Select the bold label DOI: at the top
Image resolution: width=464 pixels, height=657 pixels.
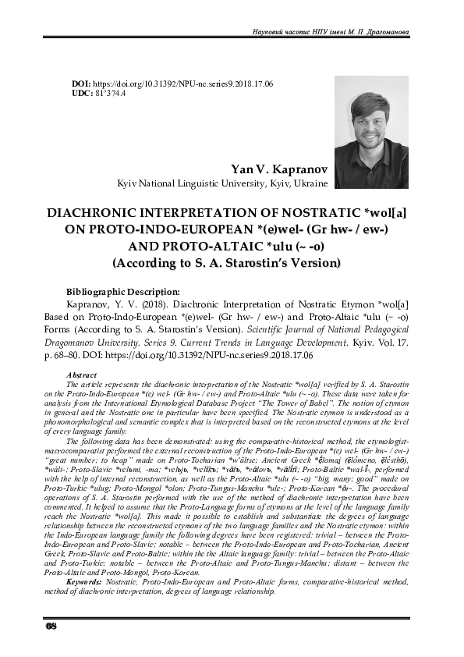(x=81, y=83)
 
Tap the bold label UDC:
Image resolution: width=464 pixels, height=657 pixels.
(x=82, y=93)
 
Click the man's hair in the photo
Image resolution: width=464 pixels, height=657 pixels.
(x=367, y=103)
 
